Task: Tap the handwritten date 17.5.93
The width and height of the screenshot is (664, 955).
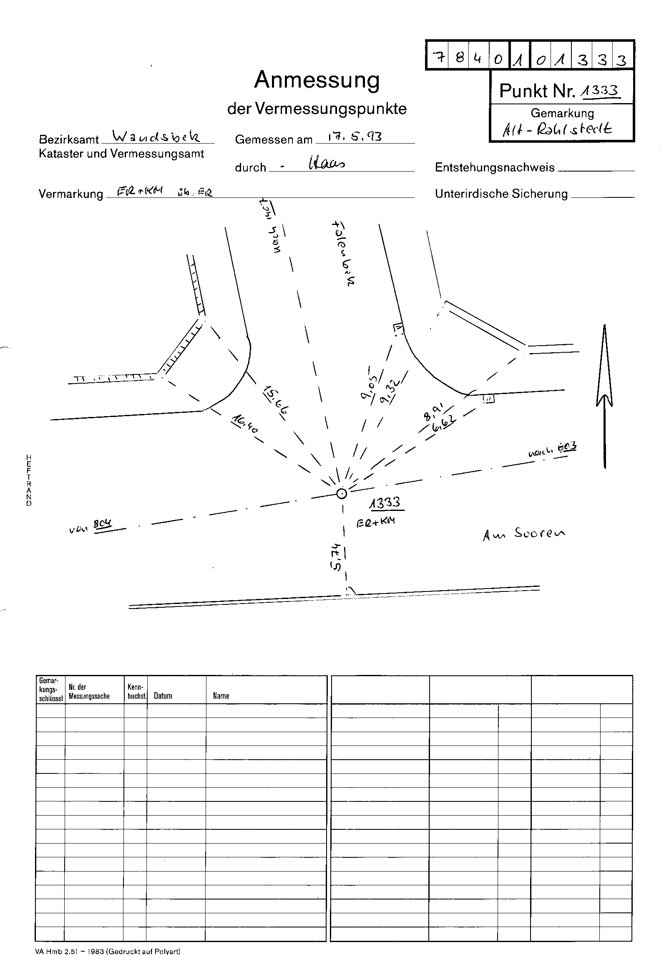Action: [x=355, y=136]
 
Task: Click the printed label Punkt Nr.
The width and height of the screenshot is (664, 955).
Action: [x=537, y=91]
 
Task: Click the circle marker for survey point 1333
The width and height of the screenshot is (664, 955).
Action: [x=342, y=494]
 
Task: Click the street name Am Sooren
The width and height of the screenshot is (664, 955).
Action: [x=524, y=535]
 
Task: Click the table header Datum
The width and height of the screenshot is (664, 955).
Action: [x=163, y=695]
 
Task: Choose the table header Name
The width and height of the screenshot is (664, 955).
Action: [x=221, y=695]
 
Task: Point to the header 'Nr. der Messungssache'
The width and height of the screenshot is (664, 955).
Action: [x=89, y=691]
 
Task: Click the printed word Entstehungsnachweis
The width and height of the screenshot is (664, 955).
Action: [x=495, y=167]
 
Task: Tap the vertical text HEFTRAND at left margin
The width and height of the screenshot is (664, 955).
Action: [x=28, y=480]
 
